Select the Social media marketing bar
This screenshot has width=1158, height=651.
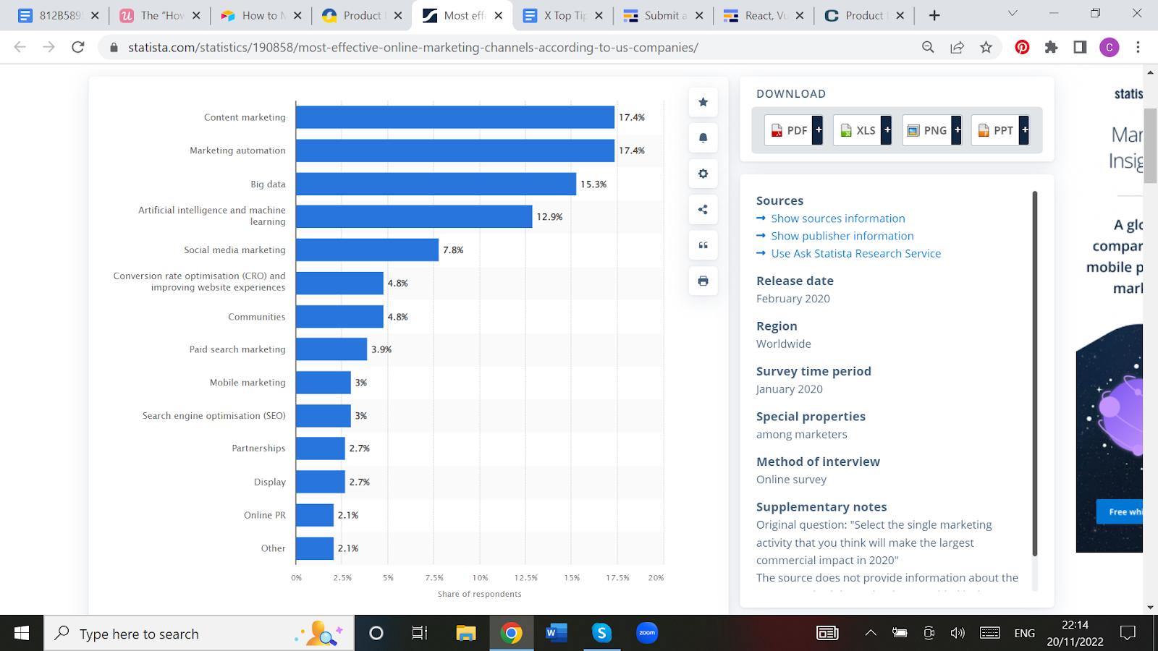(367, 250)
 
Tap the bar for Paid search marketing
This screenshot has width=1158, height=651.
(331, 349)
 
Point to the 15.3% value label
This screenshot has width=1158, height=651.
(593, 184)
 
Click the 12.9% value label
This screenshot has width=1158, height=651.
(549, 217)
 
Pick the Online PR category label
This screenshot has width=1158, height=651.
(264, 515)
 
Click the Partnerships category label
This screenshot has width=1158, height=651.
(258, 448)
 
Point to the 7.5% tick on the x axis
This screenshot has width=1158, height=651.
(434, 578)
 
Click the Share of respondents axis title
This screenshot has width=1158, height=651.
(479, 594)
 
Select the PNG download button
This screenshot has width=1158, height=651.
(931, 130)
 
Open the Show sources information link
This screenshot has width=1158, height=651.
(837, 218)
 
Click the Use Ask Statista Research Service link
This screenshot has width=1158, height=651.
(855, 253)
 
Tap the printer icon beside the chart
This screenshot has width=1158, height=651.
(703, 281)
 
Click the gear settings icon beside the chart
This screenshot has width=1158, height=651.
(703, 174)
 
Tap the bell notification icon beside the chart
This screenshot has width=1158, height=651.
(703, 137)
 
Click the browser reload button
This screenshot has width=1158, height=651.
(78, 47)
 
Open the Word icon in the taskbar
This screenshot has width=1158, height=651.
(556, 634)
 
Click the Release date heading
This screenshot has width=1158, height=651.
(795, 281)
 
